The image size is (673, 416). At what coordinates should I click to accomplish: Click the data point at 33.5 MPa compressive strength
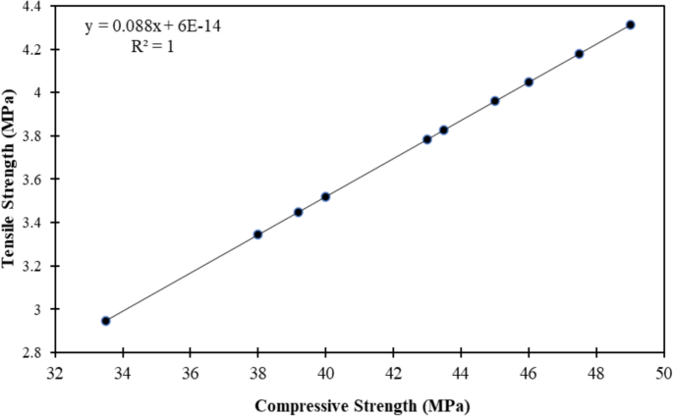click(105, 321)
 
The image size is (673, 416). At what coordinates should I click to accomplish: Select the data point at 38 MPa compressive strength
click(257, 234)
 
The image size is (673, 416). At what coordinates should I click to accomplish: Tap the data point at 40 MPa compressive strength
click(325, 196)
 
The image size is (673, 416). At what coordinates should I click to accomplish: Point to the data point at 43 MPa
click(427, 139)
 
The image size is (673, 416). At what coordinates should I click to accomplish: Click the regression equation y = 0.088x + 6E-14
click(152, 26)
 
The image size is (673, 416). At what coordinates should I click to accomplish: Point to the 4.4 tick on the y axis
click(34, 6)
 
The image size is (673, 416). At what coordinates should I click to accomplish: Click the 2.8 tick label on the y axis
click(34, 352)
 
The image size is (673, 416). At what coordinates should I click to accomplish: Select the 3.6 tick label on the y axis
click(34, 180)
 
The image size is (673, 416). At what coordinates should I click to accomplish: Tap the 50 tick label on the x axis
click(664, 373)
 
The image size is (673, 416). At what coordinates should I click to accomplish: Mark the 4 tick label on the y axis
click(40, 92)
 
